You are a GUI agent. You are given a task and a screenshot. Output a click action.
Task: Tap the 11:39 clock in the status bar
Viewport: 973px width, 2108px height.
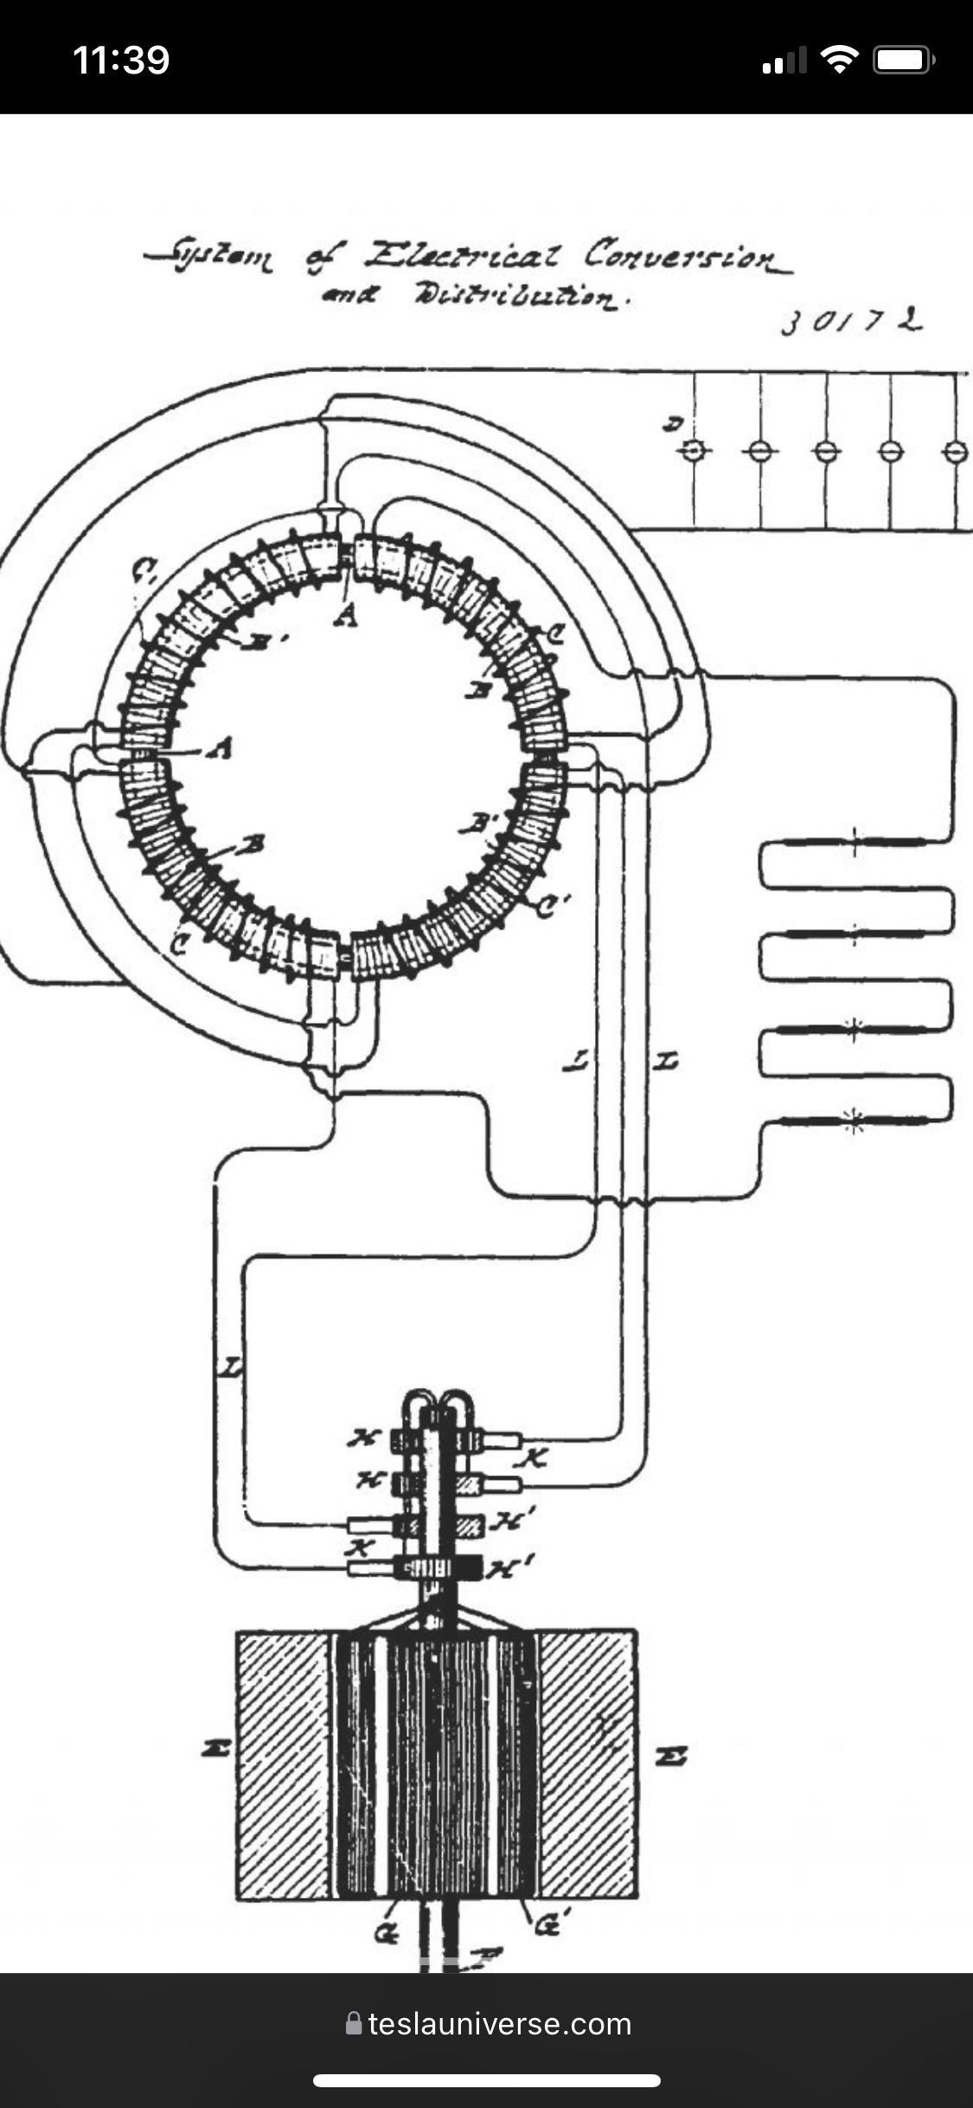click(121, 61)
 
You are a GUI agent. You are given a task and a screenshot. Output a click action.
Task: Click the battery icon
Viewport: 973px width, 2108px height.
click(904, 60)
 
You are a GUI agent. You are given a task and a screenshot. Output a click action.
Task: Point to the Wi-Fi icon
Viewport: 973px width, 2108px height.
click(837, 60)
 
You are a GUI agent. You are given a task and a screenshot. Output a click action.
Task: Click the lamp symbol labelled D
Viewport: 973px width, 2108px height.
click(694, 451)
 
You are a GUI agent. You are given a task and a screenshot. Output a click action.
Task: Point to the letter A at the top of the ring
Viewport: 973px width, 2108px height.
click(346, 616)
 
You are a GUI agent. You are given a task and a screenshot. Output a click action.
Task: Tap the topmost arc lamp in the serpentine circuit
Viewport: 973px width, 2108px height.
click(854, 842)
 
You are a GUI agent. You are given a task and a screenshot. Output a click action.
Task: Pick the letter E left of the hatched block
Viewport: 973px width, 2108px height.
click(214, 1750)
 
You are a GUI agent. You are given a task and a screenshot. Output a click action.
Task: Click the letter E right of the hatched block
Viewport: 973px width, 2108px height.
click(671, 1756)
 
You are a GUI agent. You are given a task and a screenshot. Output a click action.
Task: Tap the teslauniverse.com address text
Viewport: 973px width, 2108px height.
click(500, 2024)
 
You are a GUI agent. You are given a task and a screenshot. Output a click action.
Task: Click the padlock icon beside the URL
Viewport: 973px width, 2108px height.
click(353, 2023)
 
